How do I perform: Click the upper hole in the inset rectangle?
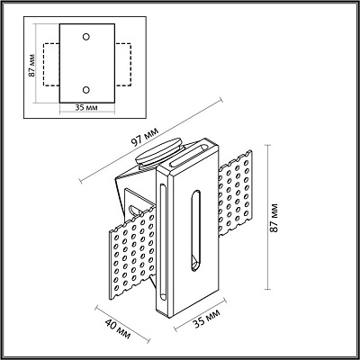point(85,37)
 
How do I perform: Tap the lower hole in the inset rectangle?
point(85,89)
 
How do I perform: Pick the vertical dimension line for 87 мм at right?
point(267,216)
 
